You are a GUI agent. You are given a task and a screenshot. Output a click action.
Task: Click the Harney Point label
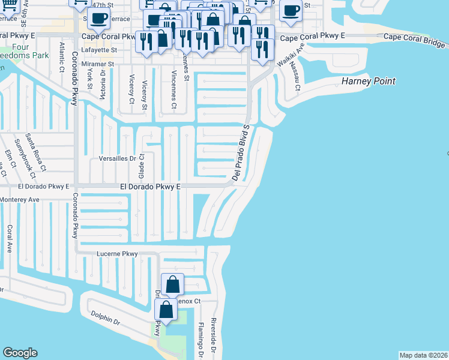pyautogui.click(x=369, y=80)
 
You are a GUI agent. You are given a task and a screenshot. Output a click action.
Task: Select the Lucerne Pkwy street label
pyautogui.click(x=117, y=254)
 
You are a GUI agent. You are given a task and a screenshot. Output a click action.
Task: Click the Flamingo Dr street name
pyautogui.click(x=200, y=340)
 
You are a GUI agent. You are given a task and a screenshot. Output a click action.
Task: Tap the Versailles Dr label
pyautogui.click(x=118, y=160)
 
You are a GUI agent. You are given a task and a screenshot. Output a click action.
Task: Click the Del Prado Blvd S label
pyautogui.click(x=240, y=153)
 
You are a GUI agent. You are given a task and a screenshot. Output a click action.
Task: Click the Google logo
pyautogui.click(x=20, y=353)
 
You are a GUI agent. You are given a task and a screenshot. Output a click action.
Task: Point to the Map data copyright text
pyautogui.click(x=423, y=355)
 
